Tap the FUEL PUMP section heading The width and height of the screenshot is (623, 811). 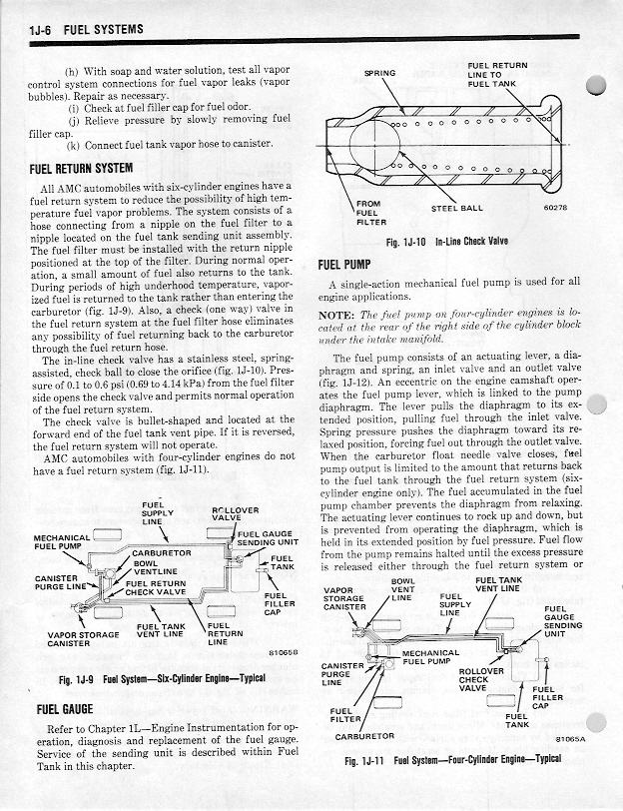tap(344, 265)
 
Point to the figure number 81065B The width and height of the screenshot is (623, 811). tap(287, 652)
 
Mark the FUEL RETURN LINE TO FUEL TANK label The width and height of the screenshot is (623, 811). tap(496, 75)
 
